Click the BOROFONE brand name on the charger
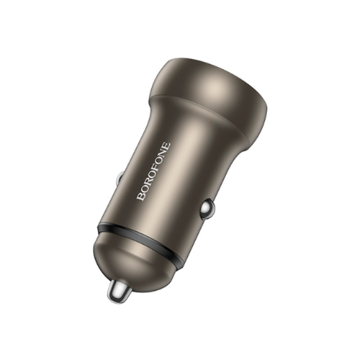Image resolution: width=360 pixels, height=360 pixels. tap(154, 171)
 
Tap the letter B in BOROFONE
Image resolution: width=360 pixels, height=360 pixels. tap(141, 197)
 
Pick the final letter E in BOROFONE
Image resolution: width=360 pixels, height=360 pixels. tap(167, 145)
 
